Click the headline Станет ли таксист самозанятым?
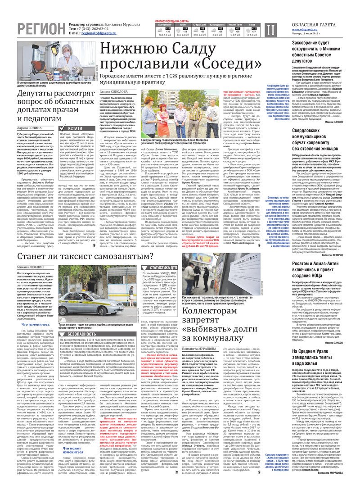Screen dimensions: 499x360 [x=92, y=257]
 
